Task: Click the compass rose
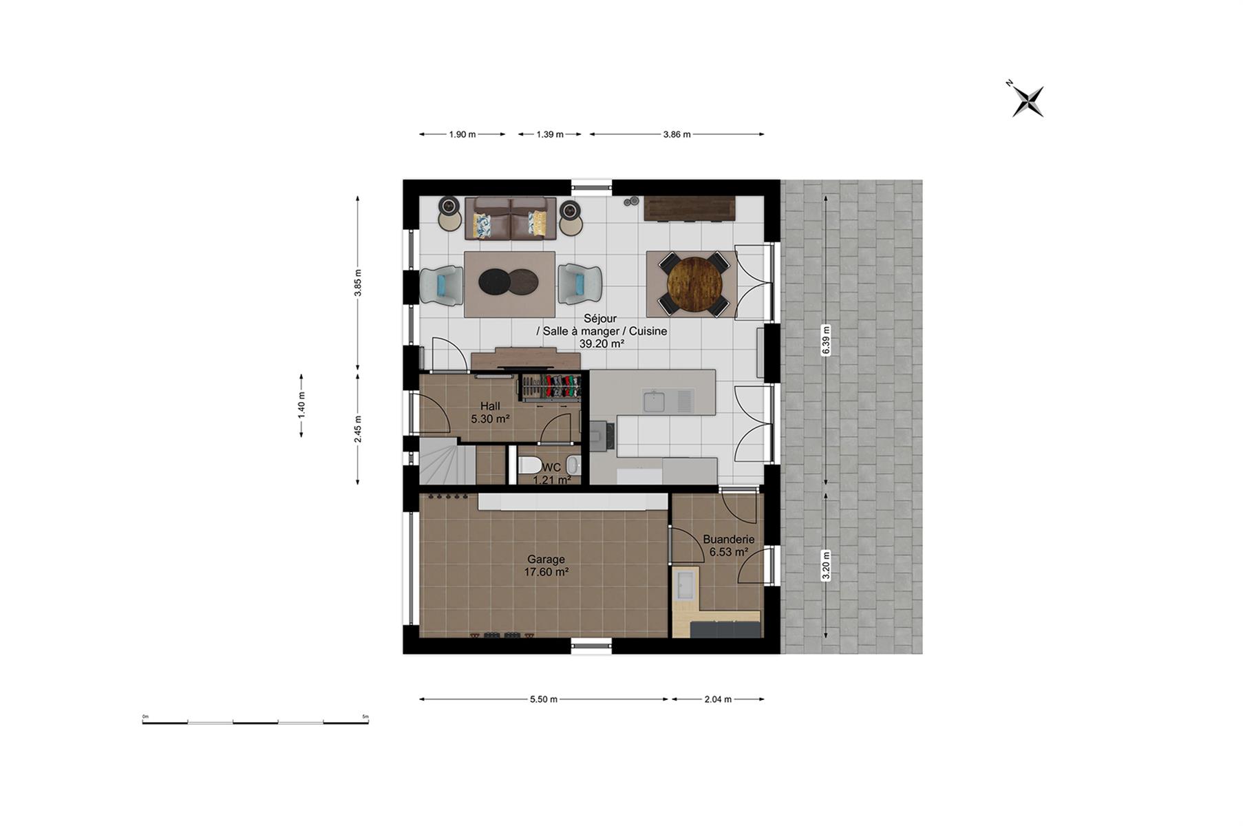pyautogui.click(x=1028, y=101)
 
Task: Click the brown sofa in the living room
pyautogui.click(x=510, y=218)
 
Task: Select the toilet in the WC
pyautogui.click(x=530, y=465)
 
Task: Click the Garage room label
pyautogui.click(x=546, y=560)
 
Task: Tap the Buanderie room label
pyautogui.click(x=728, y=540)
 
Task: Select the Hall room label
pyautogui.click(x=490, y=406)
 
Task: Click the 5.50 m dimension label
pyautogui.click(x=543, y=699)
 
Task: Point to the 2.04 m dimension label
pyautogui.click(x=718, y=699)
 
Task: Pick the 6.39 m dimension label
pyautogui.click(x=826, y=340)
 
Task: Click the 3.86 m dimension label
pyautogui.click(x=677, y=134)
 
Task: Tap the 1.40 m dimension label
pyautogui.click(x=301, y=405)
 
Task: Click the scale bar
pyautogui.click(x=255, y=721)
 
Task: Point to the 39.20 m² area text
pyautogui.click(x=602, y=343)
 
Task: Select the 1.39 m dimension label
pyautogui.click(x=550, y=134)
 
